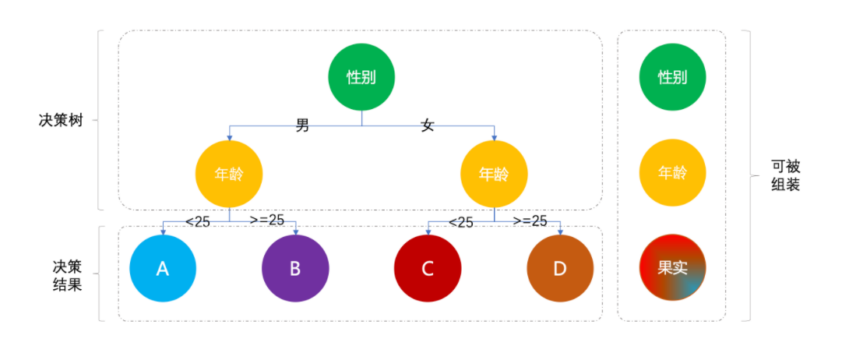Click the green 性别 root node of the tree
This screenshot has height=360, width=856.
(x=361, y=78)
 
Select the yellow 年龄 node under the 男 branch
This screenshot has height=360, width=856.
(x=229, y=175)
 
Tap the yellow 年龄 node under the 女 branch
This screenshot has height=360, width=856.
(x=494, y=175)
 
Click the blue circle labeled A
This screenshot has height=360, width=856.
(x=163, y=269)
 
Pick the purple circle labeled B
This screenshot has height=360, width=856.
(x=295, y=269)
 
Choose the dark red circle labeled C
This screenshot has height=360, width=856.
(x=428, y=269)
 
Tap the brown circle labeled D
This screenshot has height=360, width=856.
(x=560, y=269)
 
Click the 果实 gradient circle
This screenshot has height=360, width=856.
(x=672, y=267)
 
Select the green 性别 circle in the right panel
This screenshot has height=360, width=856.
(x=672, y=78)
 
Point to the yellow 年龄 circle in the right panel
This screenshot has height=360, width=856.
(x=672, y=173)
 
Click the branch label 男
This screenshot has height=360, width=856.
(x=302, y=125)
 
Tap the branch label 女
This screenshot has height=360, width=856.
(x=427, y=125)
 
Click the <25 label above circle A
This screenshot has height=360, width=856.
(x=198, y=221)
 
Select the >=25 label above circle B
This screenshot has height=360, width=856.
(x=267, y=221)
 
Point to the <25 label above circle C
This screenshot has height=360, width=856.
(x=461, y=222)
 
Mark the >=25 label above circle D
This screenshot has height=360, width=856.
(x=530, y=221)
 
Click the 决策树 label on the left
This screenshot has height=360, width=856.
(x=62, y=121)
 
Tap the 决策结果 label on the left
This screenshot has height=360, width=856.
(x=62, y=274)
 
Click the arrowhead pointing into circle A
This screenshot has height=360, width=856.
(x=163, y=232)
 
